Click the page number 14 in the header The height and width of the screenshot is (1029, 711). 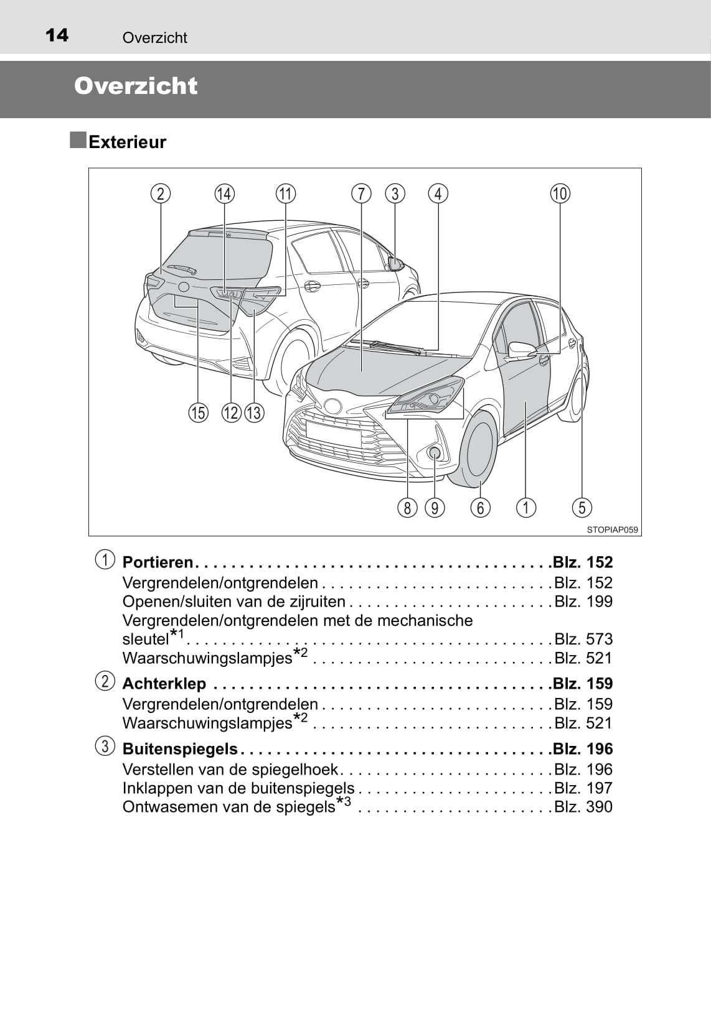pos(57,35)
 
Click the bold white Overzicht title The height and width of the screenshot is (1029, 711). pos(136,86)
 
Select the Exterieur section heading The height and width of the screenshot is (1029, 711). pos(127,142)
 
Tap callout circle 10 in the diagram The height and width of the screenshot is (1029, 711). pos(560,193)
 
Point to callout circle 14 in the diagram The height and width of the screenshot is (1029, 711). pos(224,193)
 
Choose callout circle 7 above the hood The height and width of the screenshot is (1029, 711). pos(361,193)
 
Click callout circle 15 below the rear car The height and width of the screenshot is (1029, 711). pos(198,412)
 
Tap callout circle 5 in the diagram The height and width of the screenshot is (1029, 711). pos(582,508)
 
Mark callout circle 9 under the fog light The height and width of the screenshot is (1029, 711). pos(435,508)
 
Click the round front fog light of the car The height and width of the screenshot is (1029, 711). pos(434,453)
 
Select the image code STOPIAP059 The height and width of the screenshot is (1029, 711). pos(612,529)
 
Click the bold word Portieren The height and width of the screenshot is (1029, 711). pos(158,562)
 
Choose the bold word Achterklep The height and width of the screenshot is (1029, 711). pos(164,684)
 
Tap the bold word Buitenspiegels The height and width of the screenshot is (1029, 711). pos(180,749)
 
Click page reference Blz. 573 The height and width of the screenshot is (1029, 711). pos(583,639)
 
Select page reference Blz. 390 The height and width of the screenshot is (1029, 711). pos(583,807)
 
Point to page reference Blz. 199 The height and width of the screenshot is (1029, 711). pos(583,602)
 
